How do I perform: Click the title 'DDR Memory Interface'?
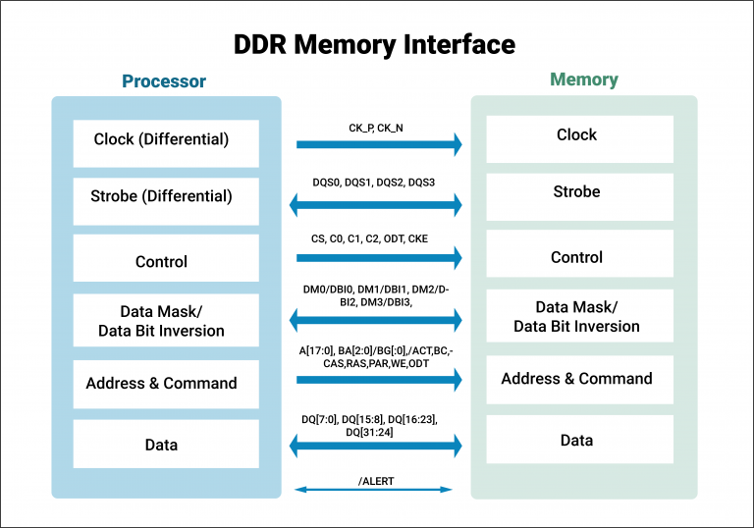click(x=374, y=44)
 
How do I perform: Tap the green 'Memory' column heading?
click(x=583, y=80)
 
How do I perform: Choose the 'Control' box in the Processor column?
click(x=166, y=260)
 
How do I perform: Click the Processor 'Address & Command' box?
click(x=166, y=384)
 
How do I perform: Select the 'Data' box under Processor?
click(x=166, y=445)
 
